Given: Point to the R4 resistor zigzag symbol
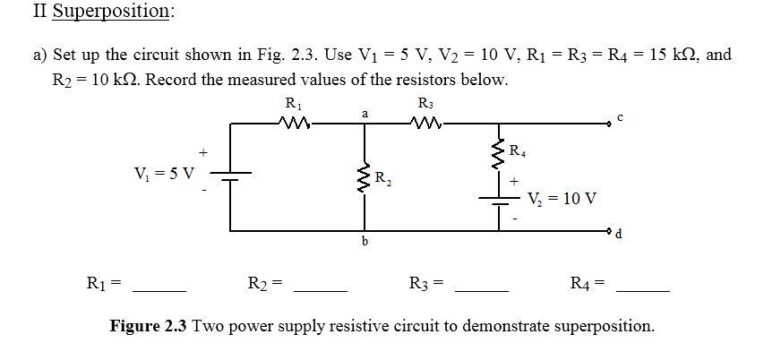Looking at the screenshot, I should (x=498, y=150).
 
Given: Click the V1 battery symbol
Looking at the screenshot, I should (x=231, y=173).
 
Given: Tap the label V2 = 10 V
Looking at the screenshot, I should (x=562, y=198).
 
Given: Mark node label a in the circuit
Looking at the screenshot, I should (x=364, y=113).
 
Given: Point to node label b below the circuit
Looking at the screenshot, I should (x=364, y=242).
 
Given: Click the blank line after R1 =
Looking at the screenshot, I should (x=159, y=288).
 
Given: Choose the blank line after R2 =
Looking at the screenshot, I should (x=320, y=288).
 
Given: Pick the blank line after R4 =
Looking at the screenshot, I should (x=643, y=288).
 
